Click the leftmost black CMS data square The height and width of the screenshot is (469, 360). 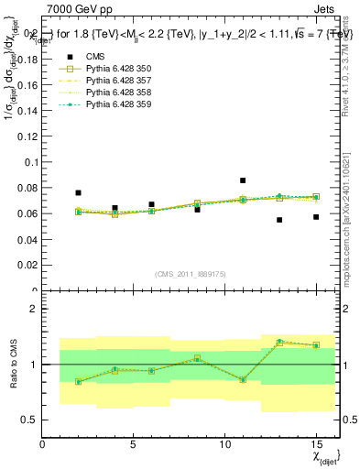click(x=79, y=193)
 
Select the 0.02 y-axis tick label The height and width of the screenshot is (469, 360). click(x=27, y=266)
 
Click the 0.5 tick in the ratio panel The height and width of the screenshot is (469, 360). click(x=30, y=420)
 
